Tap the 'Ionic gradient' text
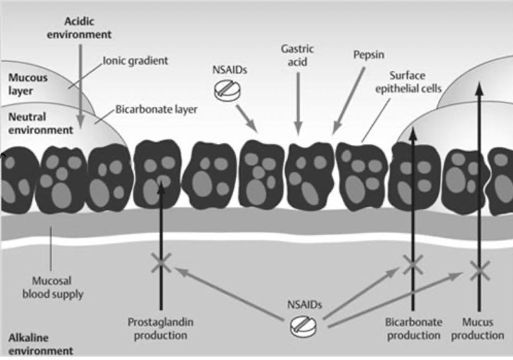pyautogui.click(x=135, y=60)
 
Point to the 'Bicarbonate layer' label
pyautogui.click(x=156, y=109)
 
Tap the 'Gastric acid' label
pyautogui.click(x=297, y=55)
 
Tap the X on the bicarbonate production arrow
pyautogui.click(x=412, y=264)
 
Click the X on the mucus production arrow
pyautogui.click(x=479, y=269)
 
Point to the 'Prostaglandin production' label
pyautogui.click(x=160, y=328)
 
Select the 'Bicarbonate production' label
pyautogui.click(x=412, y=328)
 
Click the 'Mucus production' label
pyautogui.click(x=478, y=328)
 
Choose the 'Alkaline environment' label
pyautogui.click(x=34, y=344)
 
